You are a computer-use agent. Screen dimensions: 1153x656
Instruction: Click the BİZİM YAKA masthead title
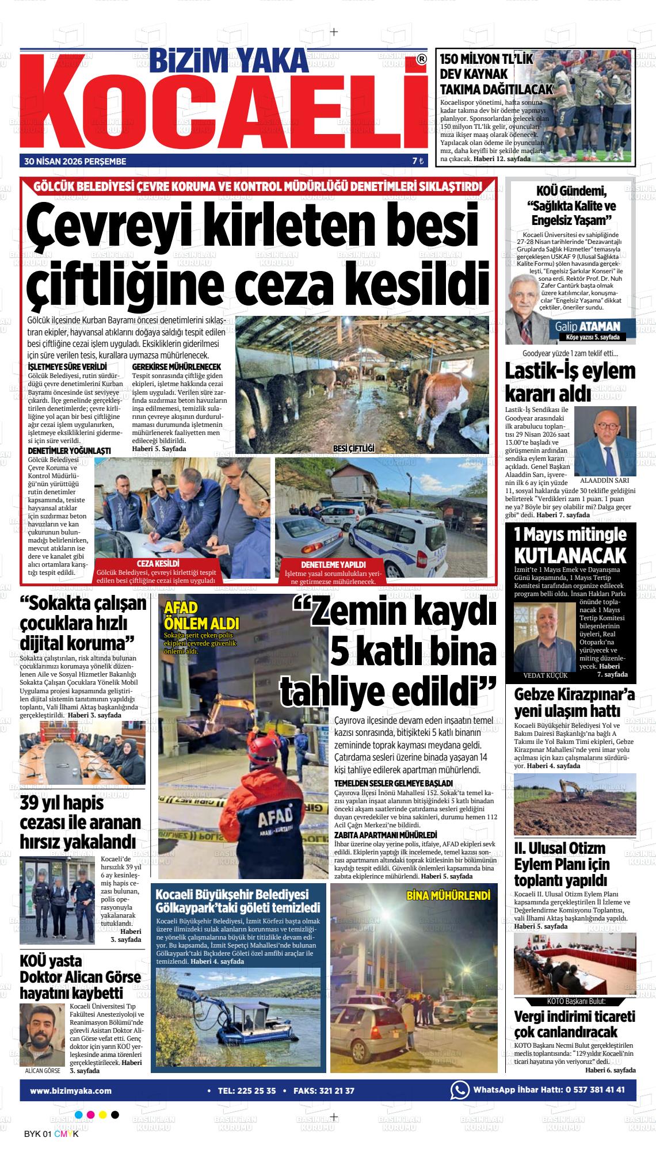coord(229,59)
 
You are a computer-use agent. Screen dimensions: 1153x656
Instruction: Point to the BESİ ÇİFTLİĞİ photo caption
coord(353,448)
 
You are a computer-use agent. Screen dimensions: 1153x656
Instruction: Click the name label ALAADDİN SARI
coord(605,480)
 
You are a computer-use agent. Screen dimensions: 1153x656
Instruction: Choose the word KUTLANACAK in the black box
coord(570,555)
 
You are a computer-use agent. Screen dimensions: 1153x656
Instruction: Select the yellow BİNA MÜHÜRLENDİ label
coord(448,895)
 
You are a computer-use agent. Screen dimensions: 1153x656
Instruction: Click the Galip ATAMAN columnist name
coord(587,326)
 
